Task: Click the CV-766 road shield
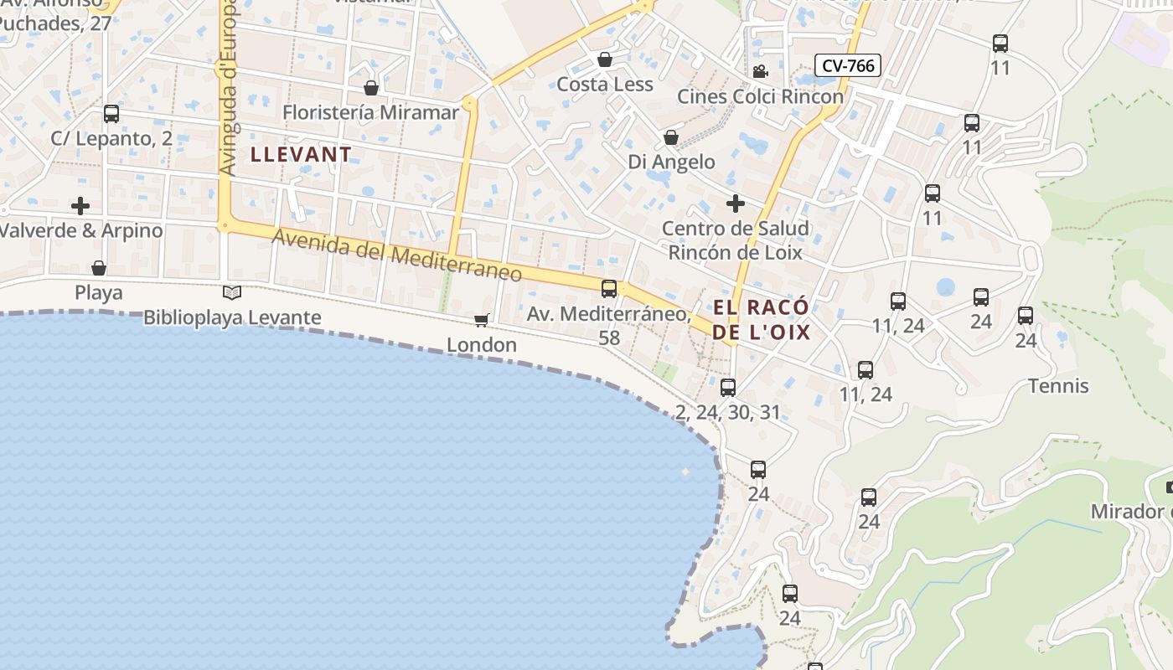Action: point(849,65)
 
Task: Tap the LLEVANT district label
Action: point(301,154)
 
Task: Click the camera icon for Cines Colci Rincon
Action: point(760,72)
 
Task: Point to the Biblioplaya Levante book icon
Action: point(232,292)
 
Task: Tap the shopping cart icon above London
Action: point(482,320)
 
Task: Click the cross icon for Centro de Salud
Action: point(735,204)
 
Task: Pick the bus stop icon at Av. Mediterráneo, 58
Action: point(609,289)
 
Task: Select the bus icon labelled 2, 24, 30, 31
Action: point(728,387)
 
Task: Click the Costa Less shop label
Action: point(605,84)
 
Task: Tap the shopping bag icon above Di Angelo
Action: point(671,137)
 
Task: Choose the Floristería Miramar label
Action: point(370,112)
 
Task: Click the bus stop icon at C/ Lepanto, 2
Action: point(111,114)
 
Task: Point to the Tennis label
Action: point(1058,386)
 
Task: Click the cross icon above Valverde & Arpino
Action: point(80,205)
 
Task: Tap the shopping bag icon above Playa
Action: point(99,268)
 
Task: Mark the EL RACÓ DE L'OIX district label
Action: point(762,319)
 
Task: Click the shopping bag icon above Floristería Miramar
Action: point(371,88)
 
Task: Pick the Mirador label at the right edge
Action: point(1131,512)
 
